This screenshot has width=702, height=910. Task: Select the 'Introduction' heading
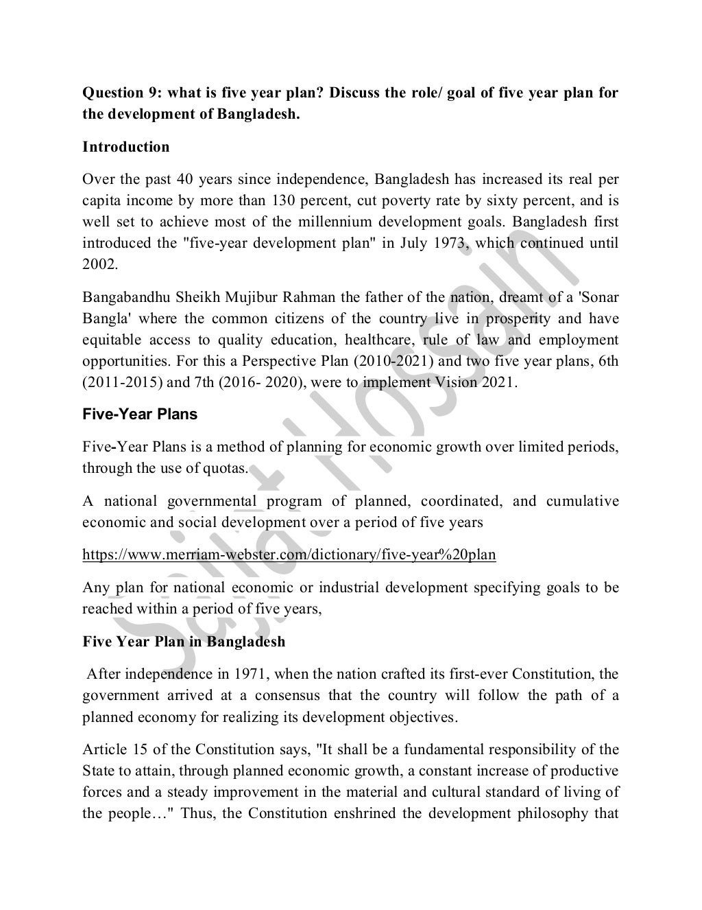coord(125,147)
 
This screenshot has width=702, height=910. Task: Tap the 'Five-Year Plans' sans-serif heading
coord(139,414)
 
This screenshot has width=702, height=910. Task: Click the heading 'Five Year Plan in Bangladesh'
coord(184,642)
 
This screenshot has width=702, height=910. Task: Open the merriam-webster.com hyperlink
coord(289,555)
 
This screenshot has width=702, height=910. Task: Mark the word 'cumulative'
coord(582,501)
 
